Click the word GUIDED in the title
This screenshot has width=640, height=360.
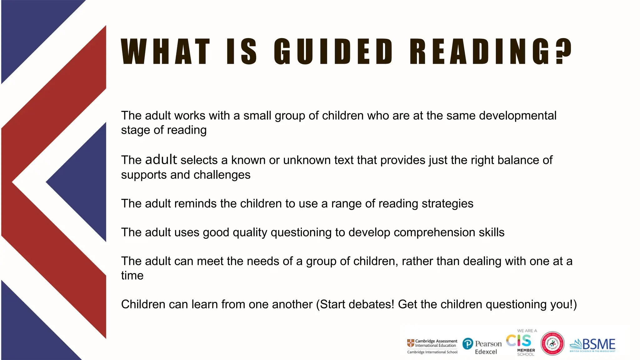pyautogui.click(x=333, y=52)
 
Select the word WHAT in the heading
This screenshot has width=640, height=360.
pyautogui.click(x=165, y=52)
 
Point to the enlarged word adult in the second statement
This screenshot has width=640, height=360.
pyautogui.click(x=161, y=159)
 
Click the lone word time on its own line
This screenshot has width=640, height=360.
pyautogui.click(x=132, y=276)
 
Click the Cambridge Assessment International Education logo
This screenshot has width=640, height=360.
pyautogui.click(x=432, y=346)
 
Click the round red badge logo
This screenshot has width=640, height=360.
pyautogui.click(x=552, y=343)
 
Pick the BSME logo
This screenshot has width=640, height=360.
pyautogui.click(x=592, y=345)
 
